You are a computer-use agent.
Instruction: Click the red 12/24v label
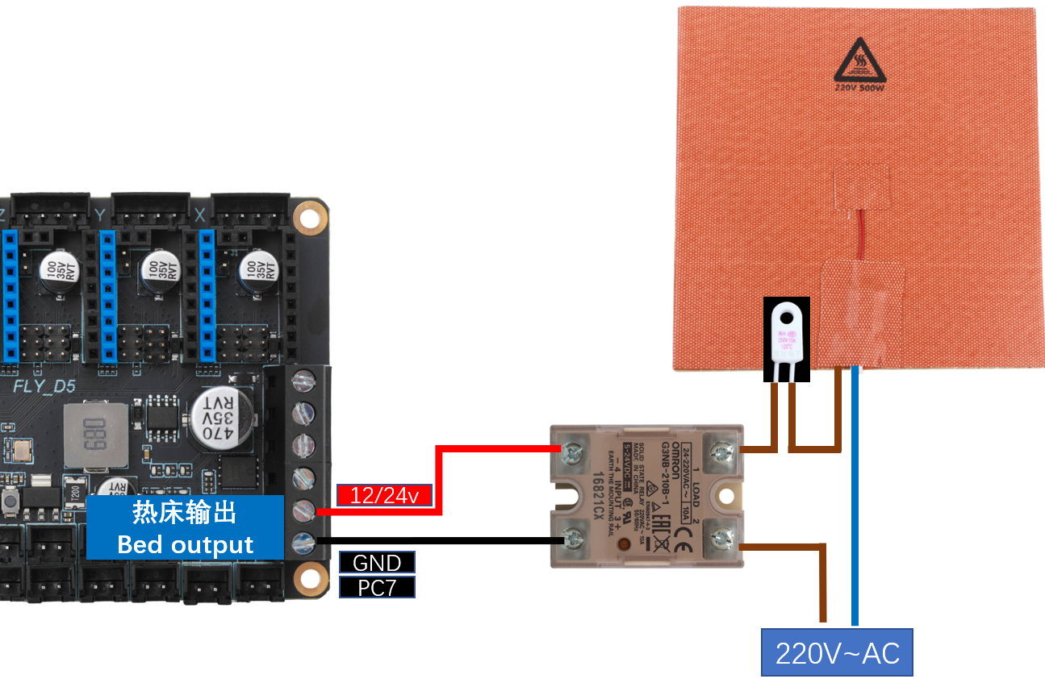tap(384, 495)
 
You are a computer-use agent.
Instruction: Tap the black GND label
tap(377, 562)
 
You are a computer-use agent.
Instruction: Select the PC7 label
tap(377, 587)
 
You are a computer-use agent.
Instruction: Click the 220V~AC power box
tap(837, 652)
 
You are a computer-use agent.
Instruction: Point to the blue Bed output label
tap(186, 527)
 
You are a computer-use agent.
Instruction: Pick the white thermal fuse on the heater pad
tap(787, 339)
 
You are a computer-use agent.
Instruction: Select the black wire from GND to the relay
tap(436, 540)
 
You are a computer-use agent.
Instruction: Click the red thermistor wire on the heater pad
tap(861, 234)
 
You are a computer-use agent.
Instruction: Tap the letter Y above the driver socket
tap(100, 214)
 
